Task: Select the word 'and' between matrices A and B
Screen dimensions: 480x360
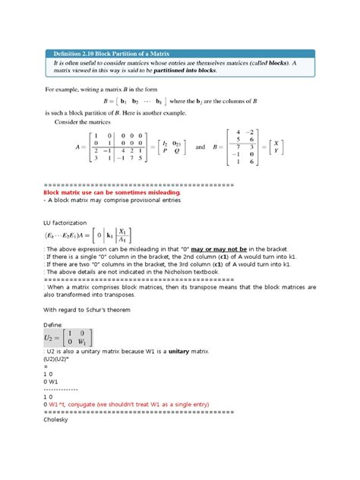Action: (x=201, y=147)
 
